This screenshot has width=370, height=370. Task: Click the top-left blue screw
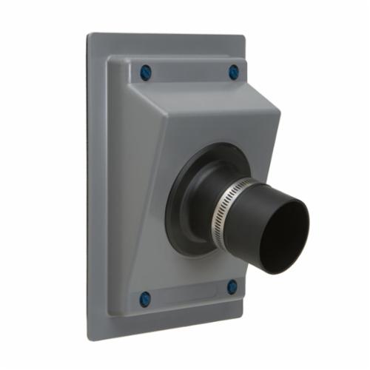click(146, 73)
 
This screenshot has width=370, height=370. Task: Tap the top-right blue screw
click(234, 73)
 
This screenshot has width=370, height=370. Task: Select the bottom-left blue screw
click(145, 299)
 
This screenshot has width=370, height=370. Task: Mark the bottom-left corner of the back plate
click(90, 337)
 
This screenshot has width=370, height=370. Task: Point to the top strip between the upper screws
click(189, 72)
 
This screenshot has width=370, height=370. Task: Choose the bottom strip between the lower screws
click(189, 295)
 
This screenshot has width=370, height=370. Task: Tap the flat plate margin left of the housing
click(98, 185)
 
